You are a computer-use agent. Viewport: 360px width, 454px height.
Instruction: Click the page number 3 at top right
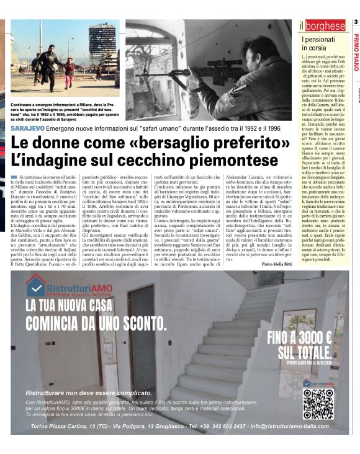356,23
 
